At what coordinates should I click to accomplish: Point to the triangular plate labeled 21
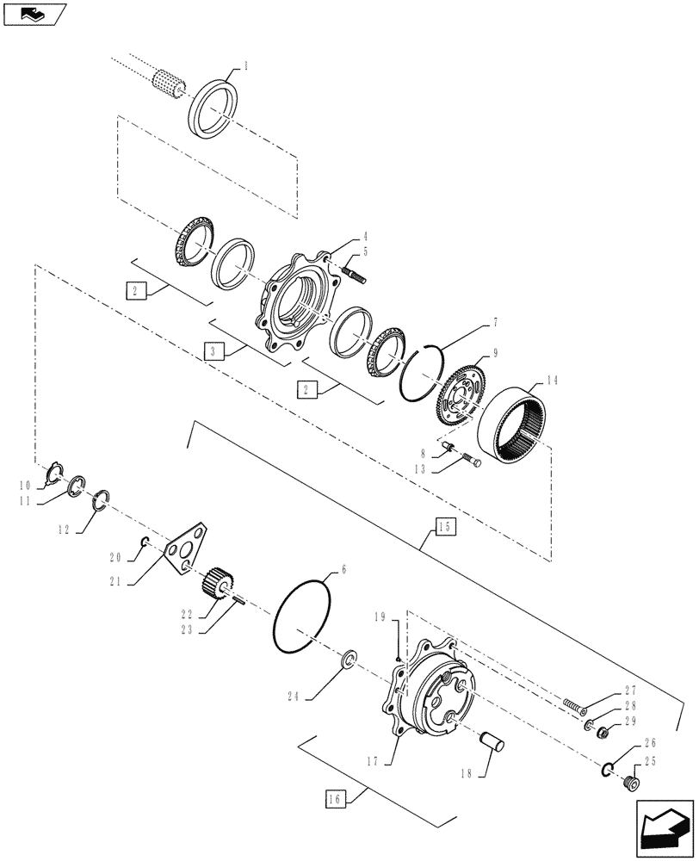point(188,548)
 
